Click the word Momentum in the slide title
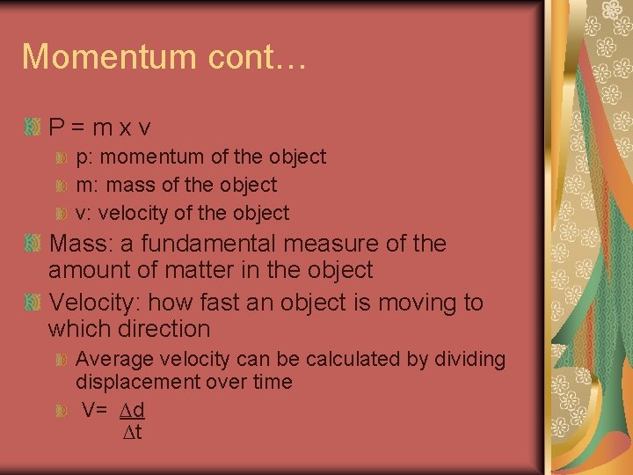109,56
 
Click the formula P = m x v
99,128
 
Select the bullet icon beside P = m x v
33,128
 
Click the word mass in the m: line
155,186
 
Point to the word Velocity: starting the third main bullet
95,303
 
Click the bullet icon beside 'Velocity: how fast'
33,303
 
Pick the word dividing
471,359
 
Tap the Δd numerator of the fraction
132,410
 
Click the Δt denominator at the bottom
132,432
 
